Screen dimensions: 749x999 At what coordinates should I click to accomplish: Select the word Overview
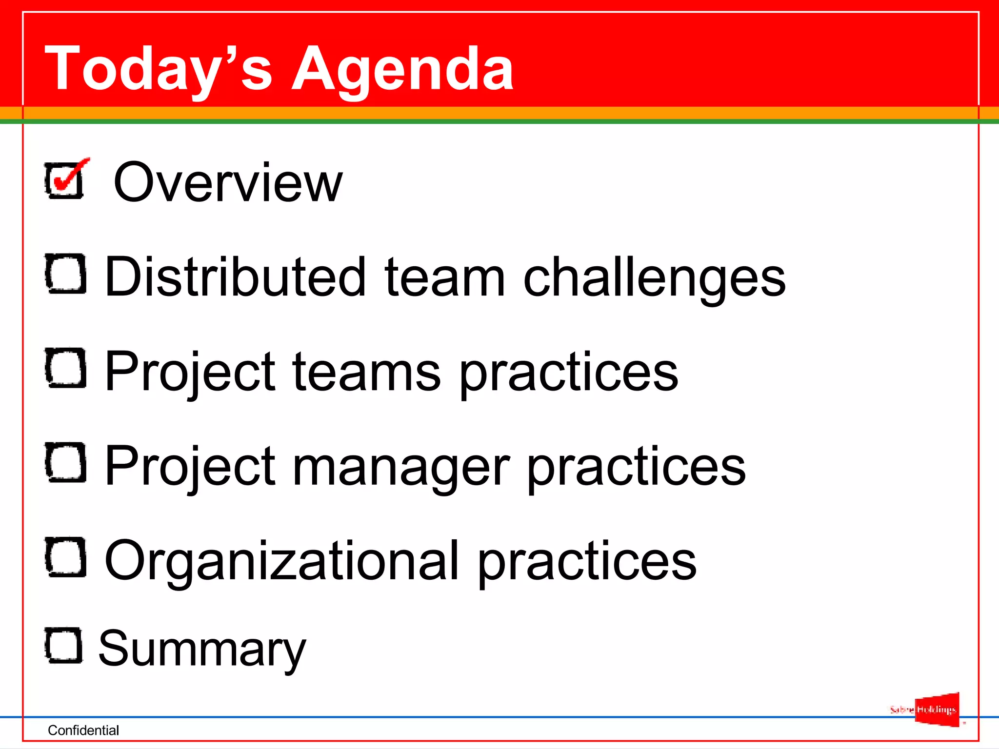228,182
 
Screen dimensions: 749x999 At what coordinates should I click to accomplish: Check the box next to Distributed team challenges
65,274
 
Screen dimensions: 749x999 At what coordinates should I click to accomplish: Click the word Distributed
235,276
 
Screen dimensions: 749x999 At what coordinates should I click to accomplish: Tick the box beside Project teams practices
65,368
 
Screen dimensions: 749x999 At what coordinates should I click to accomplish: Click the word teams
366,372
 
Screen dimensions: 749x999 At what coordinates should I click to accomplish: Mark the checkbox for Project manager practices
65,463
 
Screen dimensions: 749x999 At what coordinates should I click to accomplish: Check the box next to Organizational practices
65,557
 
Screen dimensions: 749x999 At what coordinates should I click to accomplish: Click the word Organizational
281,561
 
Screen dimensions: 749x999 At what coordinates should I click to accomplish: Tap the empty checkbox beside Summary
63,645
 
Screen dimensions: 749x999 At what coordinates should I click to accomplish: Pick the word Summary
202,649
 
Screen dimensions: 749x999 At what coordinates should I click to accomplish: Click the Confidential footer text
83,730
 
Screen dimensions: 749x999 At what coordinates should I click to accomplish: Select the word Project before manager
190,467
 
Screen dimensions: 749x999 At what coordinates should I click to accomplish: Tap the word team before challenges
444,276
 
